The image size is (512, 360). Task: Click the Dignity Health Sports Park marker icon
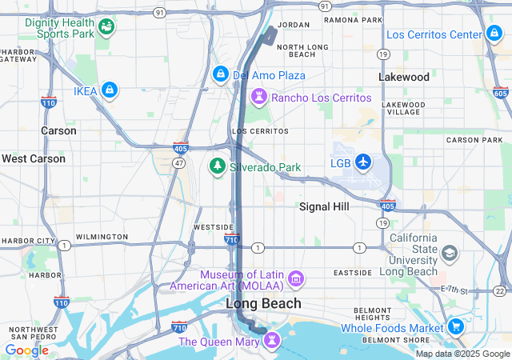(x=106, y=28)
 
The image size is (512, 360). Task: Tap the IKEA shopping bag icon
(x=110, y=91)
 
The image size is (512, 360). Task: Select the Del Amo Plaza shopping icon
(x=221, y=75)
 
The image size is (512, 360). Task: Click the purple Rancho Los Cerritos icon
(x=259, y=98)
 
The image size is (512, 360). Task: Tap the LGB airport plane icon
(x=364, y=162)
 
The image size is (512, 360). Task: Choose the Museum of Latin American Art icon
(x=296, y=278)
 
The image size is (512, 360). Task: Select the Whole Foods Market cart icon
(x=455, y=326)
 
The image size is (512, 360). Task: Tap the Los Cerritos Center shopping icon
(x=494, y=34)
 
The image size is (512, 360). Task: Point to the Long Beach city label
(x=263, y=303)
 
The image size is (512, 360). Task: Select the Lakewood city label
(x=404, y=77)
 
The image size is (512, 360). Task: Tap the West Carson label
(x=33, y=158)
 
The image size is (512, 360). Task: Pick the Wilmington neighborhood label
(x=101, y=237)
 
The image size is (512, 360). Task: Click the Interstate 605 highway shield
(x=500, y=94)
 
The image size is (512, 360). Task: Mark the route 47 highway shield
(x=180, y=162)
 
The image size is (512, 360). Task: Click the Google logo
(x=26, y=350)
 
